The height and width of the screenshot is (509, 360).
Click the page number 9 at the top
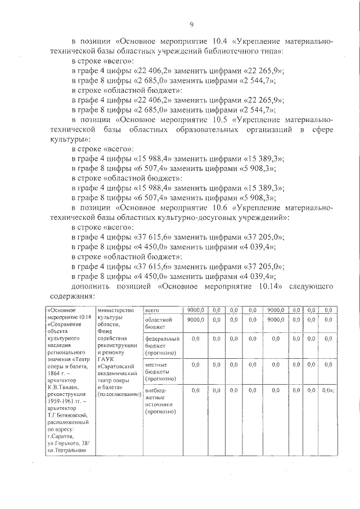coord(191,24)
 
